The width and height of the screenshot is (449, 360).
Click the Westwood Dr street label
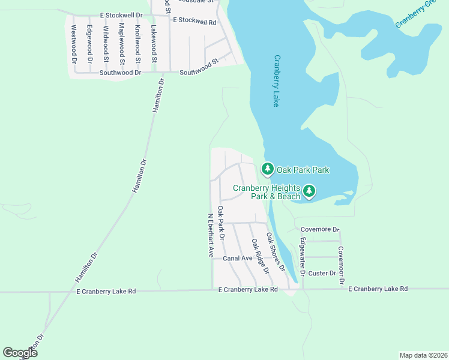(x=74, y=44)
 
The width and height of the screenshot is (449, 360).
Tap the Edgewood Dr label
(x=89, y=44)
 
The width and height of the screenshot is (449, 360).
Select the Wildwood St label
(x=106, y=44)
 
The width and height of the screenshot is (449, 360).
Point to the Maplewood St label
(x=122, y=44)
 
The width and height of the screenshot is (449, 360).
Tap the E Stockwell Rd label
(x=194, y=21)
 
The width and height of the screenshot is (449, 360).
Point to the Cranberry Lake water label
(x=277, y=81)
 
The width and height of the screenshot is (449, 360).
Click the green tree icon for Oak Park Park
(x=267, y=170)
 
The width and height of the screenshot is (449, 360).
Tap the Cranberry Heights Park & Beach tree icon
(x=309, y=191)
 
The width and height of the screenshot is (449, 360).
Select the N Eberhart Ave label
(x=211, y=236)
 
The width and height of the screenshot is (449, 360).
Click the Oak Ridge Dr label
(x=260, y=256)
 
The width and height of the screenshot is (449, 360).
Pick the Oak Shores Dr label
(x=276, y=253)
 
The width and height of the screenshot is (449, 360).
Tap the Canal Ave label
(x=238, y=259)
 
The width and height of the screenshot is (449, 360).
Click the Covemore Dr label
(x=320, y=229)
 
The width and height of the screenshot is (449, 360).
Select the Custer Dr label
(x=322, y=274)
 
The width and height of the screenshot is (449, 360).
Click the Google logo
(x=20, y=353)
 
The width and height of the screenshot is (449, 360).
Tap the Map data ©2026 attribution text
(x=423, y=355)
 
